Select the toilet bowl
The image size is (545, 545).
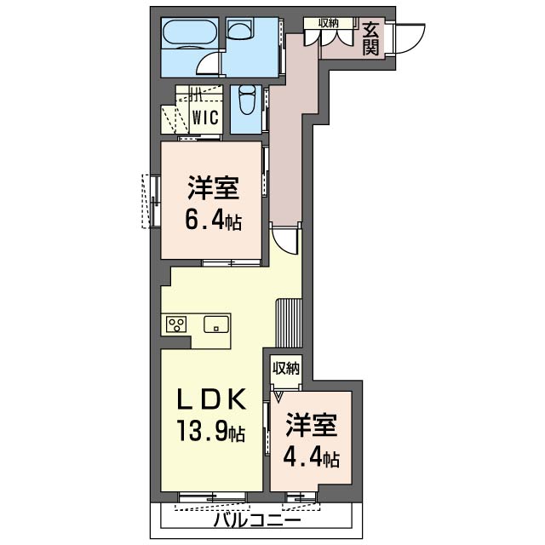pos(246,100)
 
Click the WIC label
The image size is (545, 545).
pos(205,118)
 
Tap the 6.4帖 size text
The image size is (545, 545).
pos(213,221)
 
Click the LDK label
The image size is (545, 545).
pos(212,399)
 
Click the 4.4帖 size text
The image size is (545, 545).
pos(311,459)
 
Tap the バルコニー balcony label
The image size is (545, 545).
pos(256,519)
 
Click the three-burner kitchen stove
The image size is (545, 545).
pos(177,324)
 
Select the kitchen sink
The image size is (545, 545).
pos(215,324)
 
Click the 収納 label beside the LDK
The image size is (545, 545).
pos(286,368)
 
